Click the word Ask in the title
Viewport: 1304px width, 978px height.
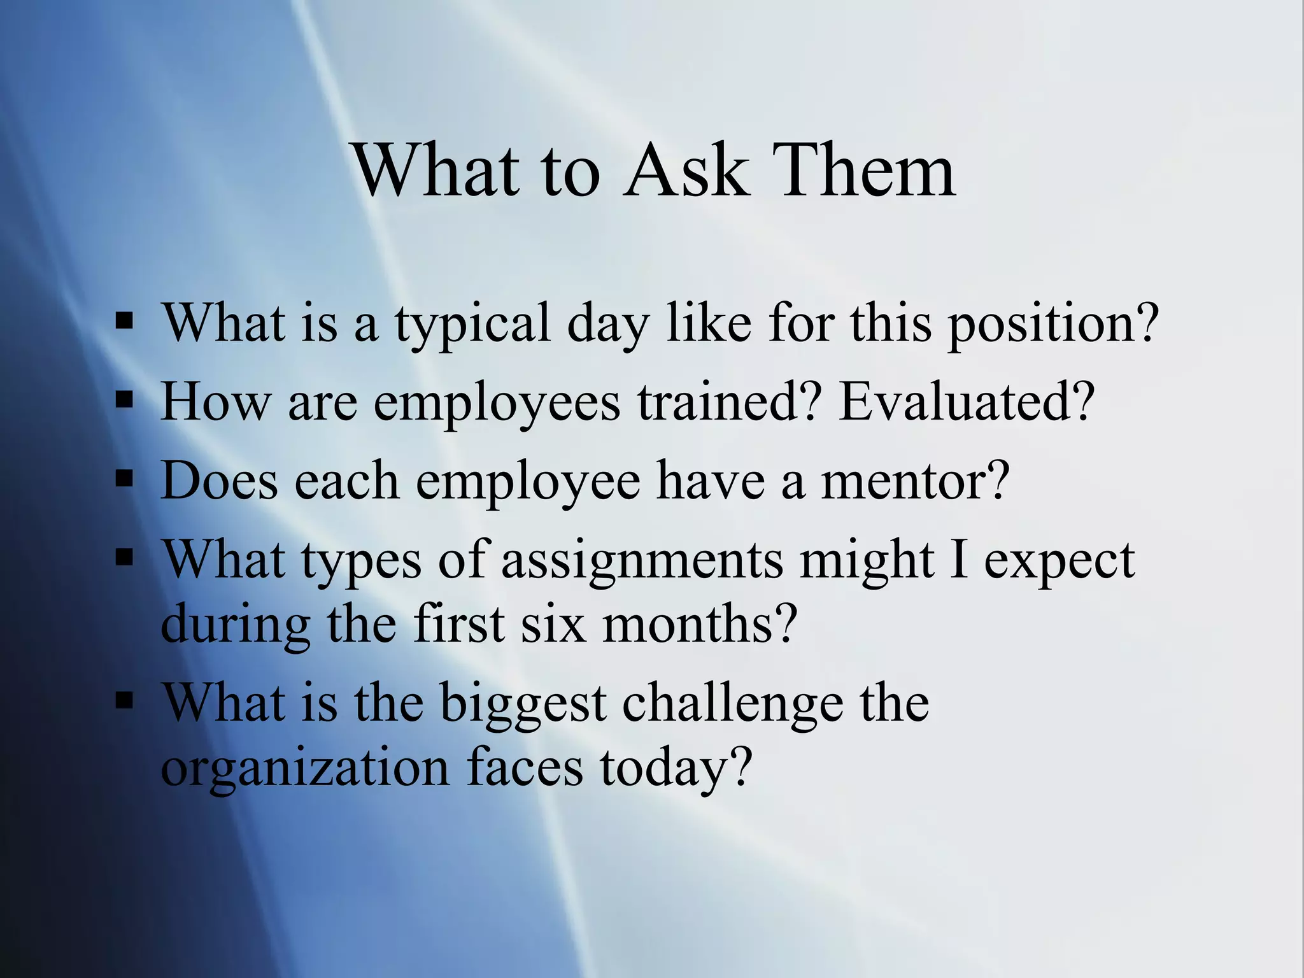pos(684,171)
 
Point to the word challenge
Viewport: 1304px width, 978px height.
pos(732,704)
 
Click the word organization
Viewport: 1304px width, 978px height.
pos(305,769)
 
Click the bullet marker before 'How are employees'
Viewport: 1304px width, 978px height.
pos(125,401)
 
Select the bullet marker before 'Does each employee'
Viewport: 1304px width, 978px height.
pos(125,480)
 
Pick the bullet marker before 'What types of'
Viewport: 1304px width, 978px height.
pos(125,558)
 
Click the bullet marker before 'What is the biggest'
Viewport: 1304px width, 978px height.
pos(125,700)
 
